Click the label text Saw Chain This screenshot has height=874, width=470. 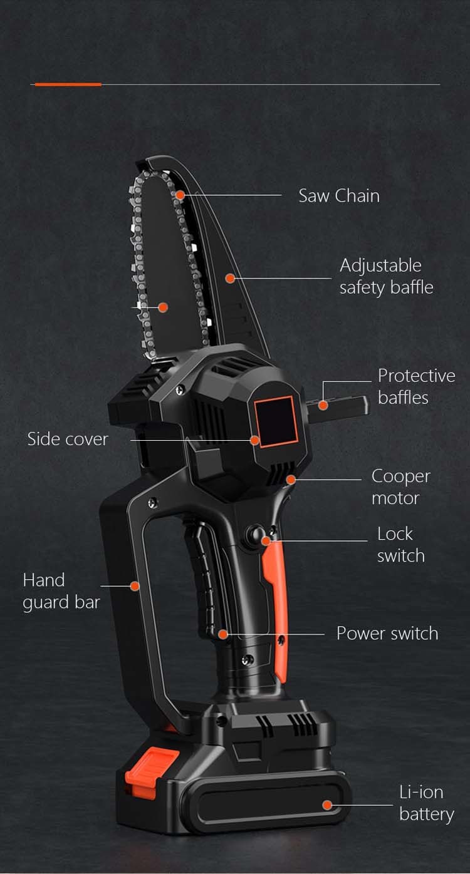tap(339, 196)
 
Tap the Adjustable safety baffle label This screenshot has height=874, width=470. tap(386, 276)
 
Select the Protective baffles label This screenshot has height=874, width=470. tap(416, 386)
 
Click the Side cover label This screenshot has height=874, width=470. tap(68, 439)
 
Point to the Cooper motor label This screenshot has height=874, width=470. tap(400, 487)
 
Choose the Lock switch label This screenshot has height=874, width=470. tap(400, 545)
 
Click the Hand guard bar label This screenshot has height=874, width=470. tap(61, 591)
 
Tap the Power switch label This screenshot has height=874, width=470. tap(387, 633)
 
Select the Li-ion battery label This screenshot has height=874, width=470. tap(426, 803)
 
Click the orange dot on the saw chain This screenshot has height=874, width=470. tap(180, 195)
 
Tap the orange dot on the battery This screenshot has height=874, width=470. tap(327, 805)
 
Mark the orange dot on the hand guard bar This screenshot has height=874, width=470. tap(134, 586)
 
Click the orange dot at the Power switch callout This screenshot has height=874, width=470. tap(223, 634)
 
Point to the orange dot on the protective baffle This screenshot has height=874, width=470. tap(323, 405)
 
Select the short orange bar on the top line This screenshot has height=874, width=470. tap(68, 84)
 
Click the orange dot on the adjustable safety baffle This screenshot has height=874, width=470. tap(230, 278)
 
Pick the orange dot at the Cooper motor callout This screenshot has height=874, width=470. tap(291, 480)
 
